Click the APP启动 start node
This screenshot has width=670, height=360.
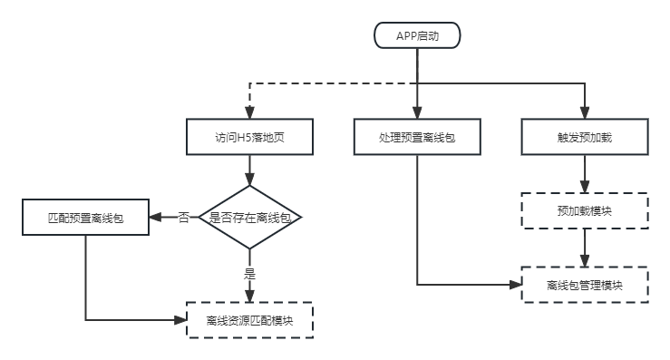(x=417, y=35)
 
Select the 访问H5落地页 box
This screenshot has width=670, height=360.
(x=250, y=138)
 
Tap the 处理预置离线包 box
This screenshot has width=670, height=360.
(x=417, y=138)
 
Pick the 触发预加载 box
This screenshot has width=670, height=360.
(x=585, y=138)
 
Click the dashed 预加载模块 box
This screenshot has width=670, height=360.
(x=585, y=210)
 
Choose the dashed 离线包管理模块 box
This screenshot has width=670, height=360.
(x=585, y=285)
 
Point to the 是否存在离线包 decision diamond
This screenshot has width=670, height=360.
(x=250, y=218)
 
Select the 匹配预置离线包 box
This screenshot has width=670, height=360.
(x=85, y=219)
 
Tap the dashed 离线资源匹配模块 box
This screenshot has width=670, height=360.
(x=250, y=320)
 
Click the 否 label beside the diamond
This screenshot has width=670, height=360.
(x=183, y=218)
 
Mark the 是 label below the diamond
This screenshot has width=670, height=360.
(x=250, y=271)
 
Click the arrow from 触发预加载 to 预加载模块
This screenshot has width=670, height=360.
(x=585, y=173)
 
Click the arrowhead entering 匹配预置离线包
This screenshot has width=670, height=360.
(x=154, y=219)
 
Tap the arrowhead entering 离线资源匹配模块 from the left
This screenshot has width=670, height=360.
(x=181, y=320)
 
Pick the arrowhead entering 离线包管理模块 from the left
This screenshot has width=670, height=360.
(x=516, y=285)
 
